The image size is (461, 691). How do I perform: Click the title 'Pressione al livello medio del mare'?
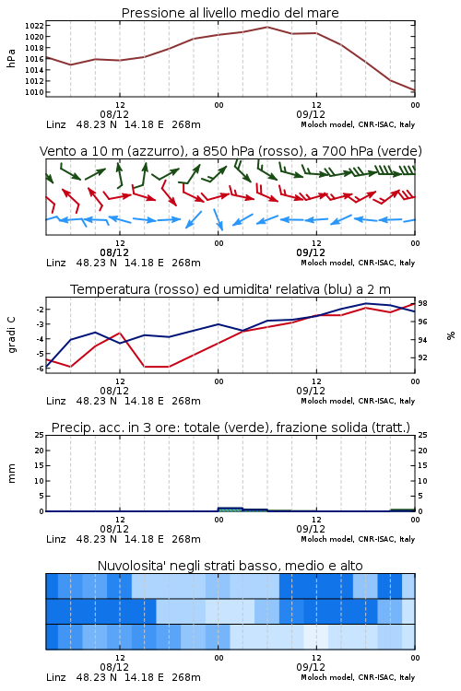(230, 13)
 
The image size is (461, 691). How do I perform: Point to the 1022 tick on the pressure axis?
(34, 26)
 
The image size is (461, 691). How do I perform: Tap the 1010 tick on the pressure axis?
(34, 92)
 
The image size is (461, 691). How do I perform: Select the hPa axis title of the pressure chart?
(11, 58)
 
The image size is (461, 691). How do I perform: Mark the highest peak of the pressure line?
(267, 27)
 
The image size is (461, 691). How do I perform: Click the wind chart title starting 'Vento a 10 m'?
(230, 151)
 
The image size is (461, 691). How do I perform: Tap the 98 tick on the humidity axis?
(422, 303)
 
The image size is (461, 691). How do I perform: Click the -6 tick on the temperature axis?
(40, 369)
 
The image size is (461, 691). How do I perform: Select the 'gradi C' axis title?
(11, 335)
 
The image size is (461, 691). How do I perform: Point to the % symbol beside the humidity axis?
(451, 335)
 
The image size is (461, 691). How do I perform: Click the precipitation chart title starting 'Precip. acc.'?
(230, 427)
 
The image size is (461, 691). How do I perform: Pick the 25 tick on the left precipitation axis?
(40, 435)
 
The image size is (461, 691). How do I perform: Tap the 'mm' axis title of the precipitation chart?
(11, 474)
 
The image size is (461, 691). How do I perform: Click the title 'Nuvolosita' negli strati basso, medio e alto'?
(230, 566)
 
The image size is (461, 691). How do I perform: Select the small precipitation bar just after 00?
(230, 509)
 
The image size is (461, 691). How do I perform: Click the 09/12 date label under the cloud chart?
(311, 667)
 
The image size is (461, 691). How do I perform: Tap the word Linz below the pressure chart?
(56, 124)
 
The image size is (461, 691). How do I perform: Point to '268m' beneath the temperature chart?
(186, 401)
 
